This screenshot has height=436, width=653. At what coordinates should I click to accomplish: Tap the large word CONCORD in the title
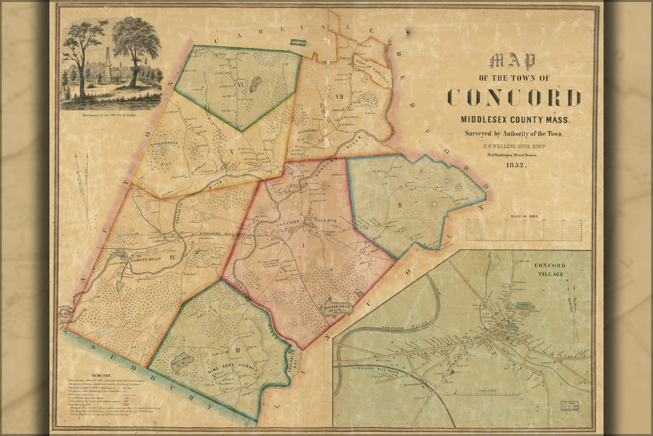514,98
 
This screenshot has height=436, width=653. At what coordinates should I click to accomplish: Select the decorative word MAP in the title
512,61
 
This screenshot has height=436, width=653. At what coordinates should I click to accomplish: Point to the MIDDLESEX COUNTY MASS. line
514,119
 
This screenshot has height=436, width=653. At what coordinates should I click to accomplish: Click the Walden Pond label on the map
333,306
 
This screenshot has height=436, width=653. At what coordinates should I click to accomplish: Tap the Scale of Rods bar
524,230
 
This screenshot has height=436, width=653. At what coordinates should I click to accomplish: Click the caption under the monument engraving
110,114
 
